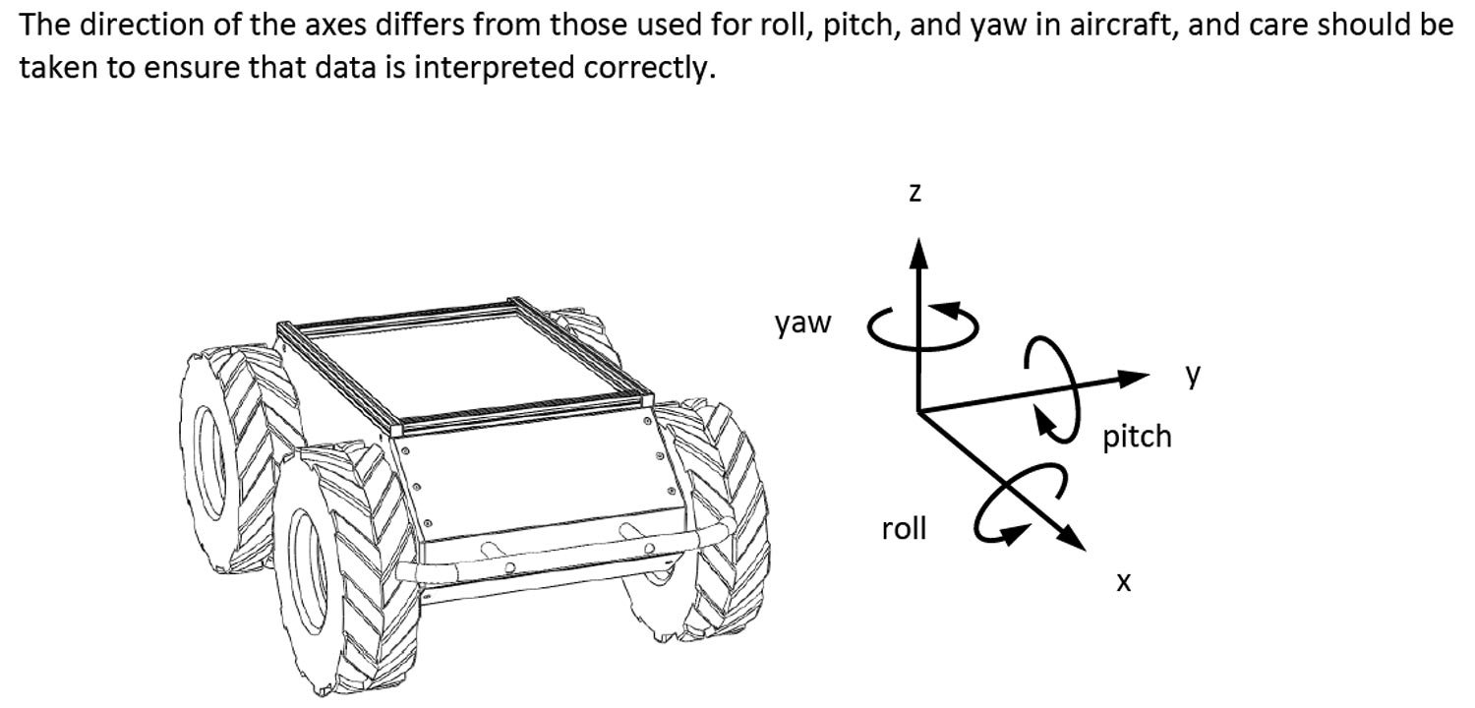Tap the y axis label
click(1194, 374)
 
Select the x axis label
click(1124, 582)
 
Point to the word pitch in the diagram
click(1138, 436)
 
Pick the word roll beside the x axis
click(904, 529)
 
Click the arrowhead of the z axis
click(917, 253)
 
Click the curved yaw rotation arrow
click(922, 328)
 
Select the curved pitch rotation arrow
click(1046, 383)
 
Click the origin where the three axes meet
click(917, 410)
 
